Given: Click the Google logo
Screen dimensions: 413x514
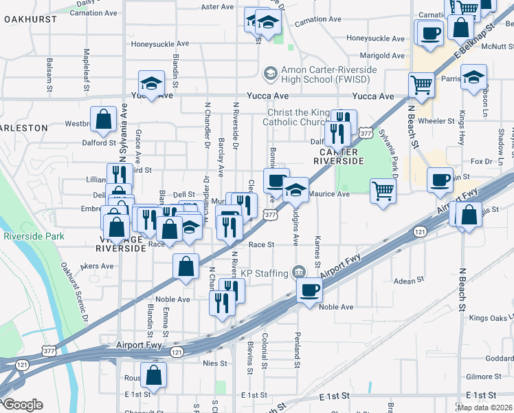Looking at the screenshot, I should (x=22, y=405).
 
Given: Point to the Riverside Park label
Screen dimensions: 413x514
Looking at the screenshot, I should (x=34, y=236).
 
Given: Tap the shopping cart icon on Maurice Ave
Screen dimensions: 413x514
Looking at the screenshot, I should (x=383, y=190).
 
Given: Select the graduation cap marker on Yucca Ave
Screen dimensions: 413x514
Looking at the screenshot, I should (x=151, y=83).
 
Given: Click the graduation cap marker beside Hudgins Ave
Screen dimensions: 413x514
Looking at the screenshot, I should (x=296, y=189).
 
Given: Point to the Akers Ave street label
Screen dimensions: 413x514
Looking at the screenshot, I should (x=97, y=266).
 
